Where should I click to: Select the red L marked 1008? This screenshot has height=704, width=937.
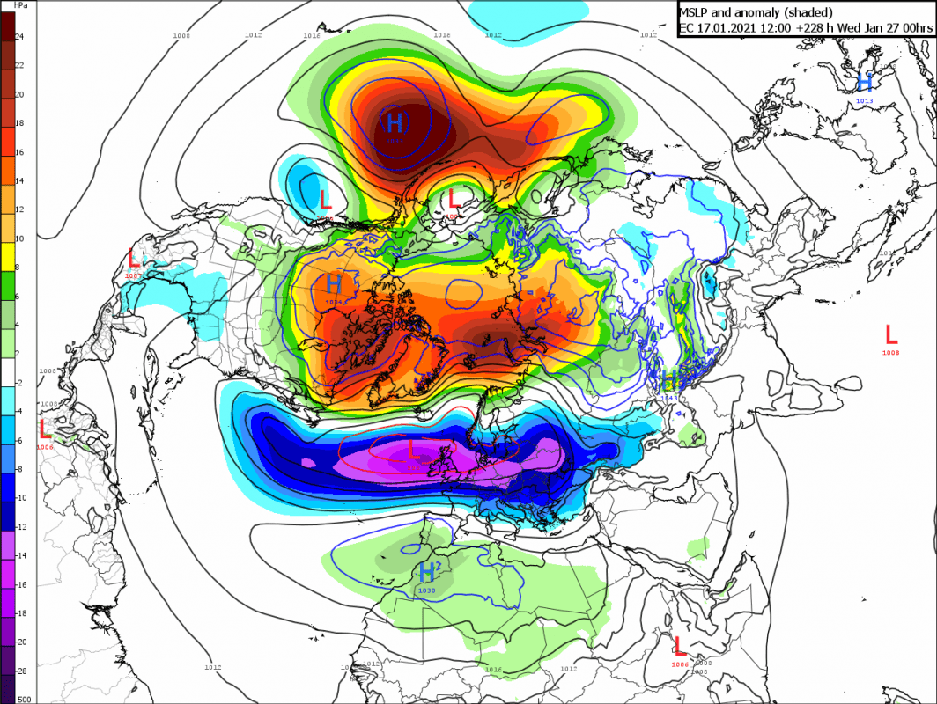pos(891,334)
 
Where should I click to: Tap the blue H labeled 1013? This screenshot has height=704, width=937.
pos(865,83)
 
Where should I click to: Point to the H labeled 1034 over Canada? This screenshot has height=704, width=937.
pos(334,284)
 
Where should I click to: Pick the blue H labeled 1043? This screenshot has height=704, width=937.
pos(670,380)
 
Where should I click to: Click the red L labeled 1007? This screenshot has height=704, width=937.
pos(134,259)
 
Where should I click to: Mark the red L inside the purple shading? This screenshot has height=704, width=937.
pos(413,450)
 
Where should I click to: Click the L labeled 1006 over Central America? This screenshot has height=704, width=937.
pos(45,429)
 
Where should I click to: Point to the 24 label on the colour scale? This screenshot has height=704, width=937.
pos(18,36)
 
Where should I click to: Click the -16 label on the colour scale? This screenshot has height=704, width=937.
pos(20,584)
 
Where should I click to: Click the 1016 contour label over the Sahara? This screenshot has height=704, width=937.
pos(491,671)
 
